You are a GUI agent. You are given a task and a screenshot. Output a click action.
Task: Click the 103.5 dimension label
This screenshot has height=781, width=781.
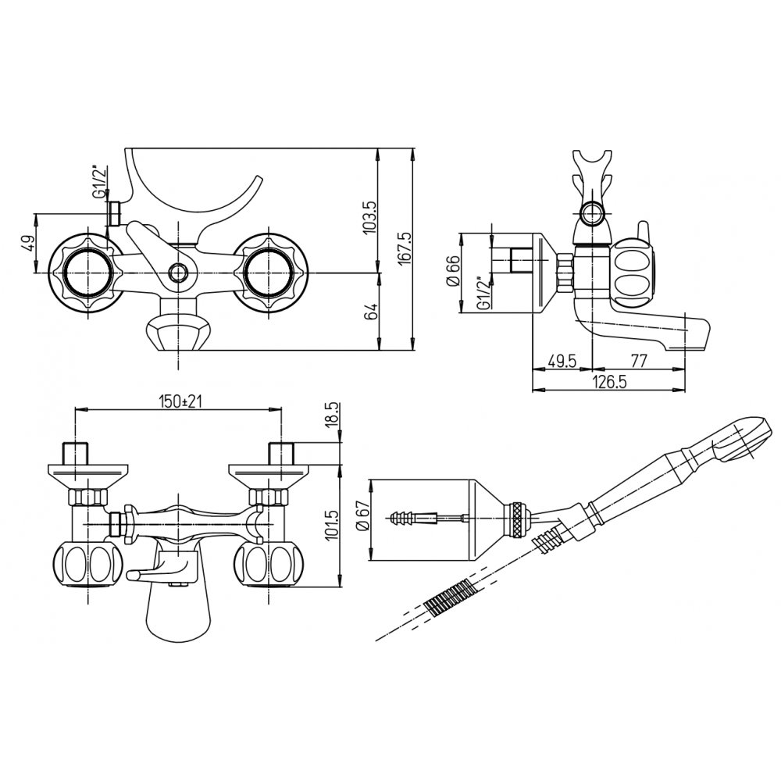pos(369,217)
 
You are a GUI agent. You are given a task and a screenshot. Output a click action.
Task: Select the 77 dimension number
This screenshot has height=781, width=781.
pos(639,360)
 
